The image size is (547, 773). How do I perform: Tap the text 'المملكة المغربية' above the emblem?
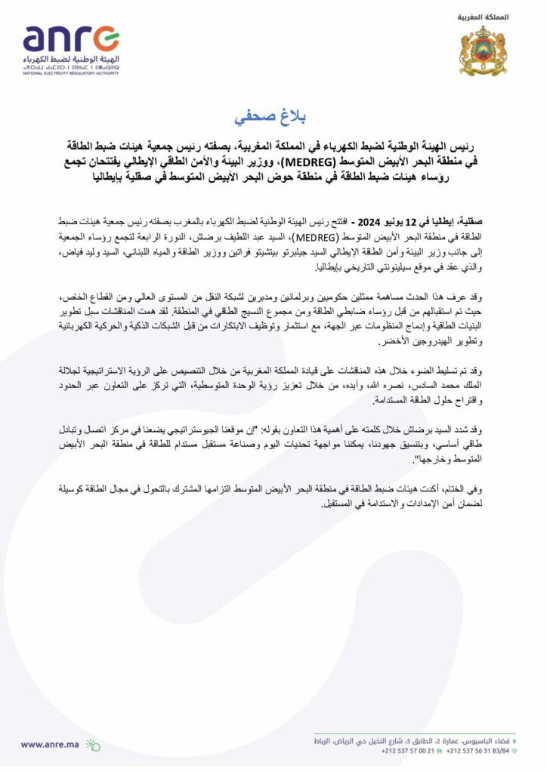(x=484, y=16)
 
